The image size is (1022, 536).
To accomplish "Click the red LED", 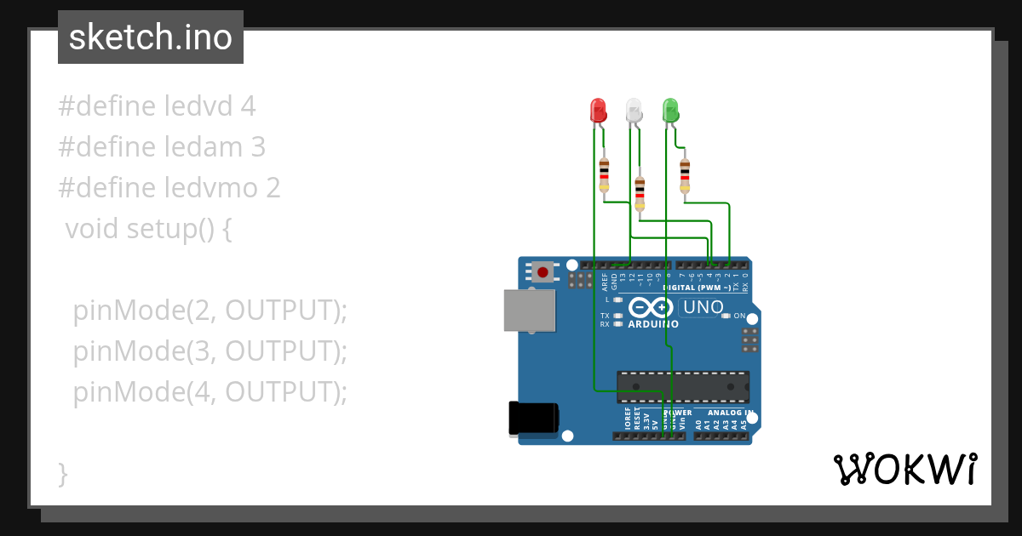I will click(x=598, y=111).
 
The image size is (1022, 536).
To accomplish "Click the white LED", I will click(x=634, y=111).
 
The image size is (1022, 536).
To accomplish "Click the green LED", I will click(x=670, y=111).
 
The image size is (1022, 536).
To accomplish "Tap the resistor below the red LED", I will click(x=604, y=174).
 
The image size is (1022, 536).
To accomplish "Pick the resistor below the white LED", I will click(x=640, y=193).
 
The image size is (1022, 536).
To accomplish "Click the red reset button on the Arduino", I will click(x=543, y=272).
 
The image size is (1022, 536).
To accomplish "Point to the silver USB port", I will click(x=529, y=310).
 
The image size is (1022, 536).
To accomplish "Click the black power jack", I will click(x=533, y=419).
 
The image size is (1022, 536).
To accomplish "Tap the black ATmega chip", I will click(x=683, y=386).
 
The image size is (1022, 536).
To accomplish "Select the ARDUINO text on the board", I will click(x=652, y=324).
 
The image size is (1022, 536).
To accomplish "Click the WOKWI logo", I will click(x=904, y=470).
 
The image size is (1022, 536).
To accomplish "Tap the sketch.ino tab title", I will click(x=151, y=37).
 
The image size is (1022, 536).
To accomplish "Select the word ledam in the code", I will click(x=204, y=147).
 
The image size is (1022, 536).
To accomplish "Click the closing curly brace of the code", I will click(x=62, y=473).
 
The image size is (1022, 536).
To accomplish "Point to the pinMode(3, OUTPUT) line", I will click(x=210, y=351).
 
